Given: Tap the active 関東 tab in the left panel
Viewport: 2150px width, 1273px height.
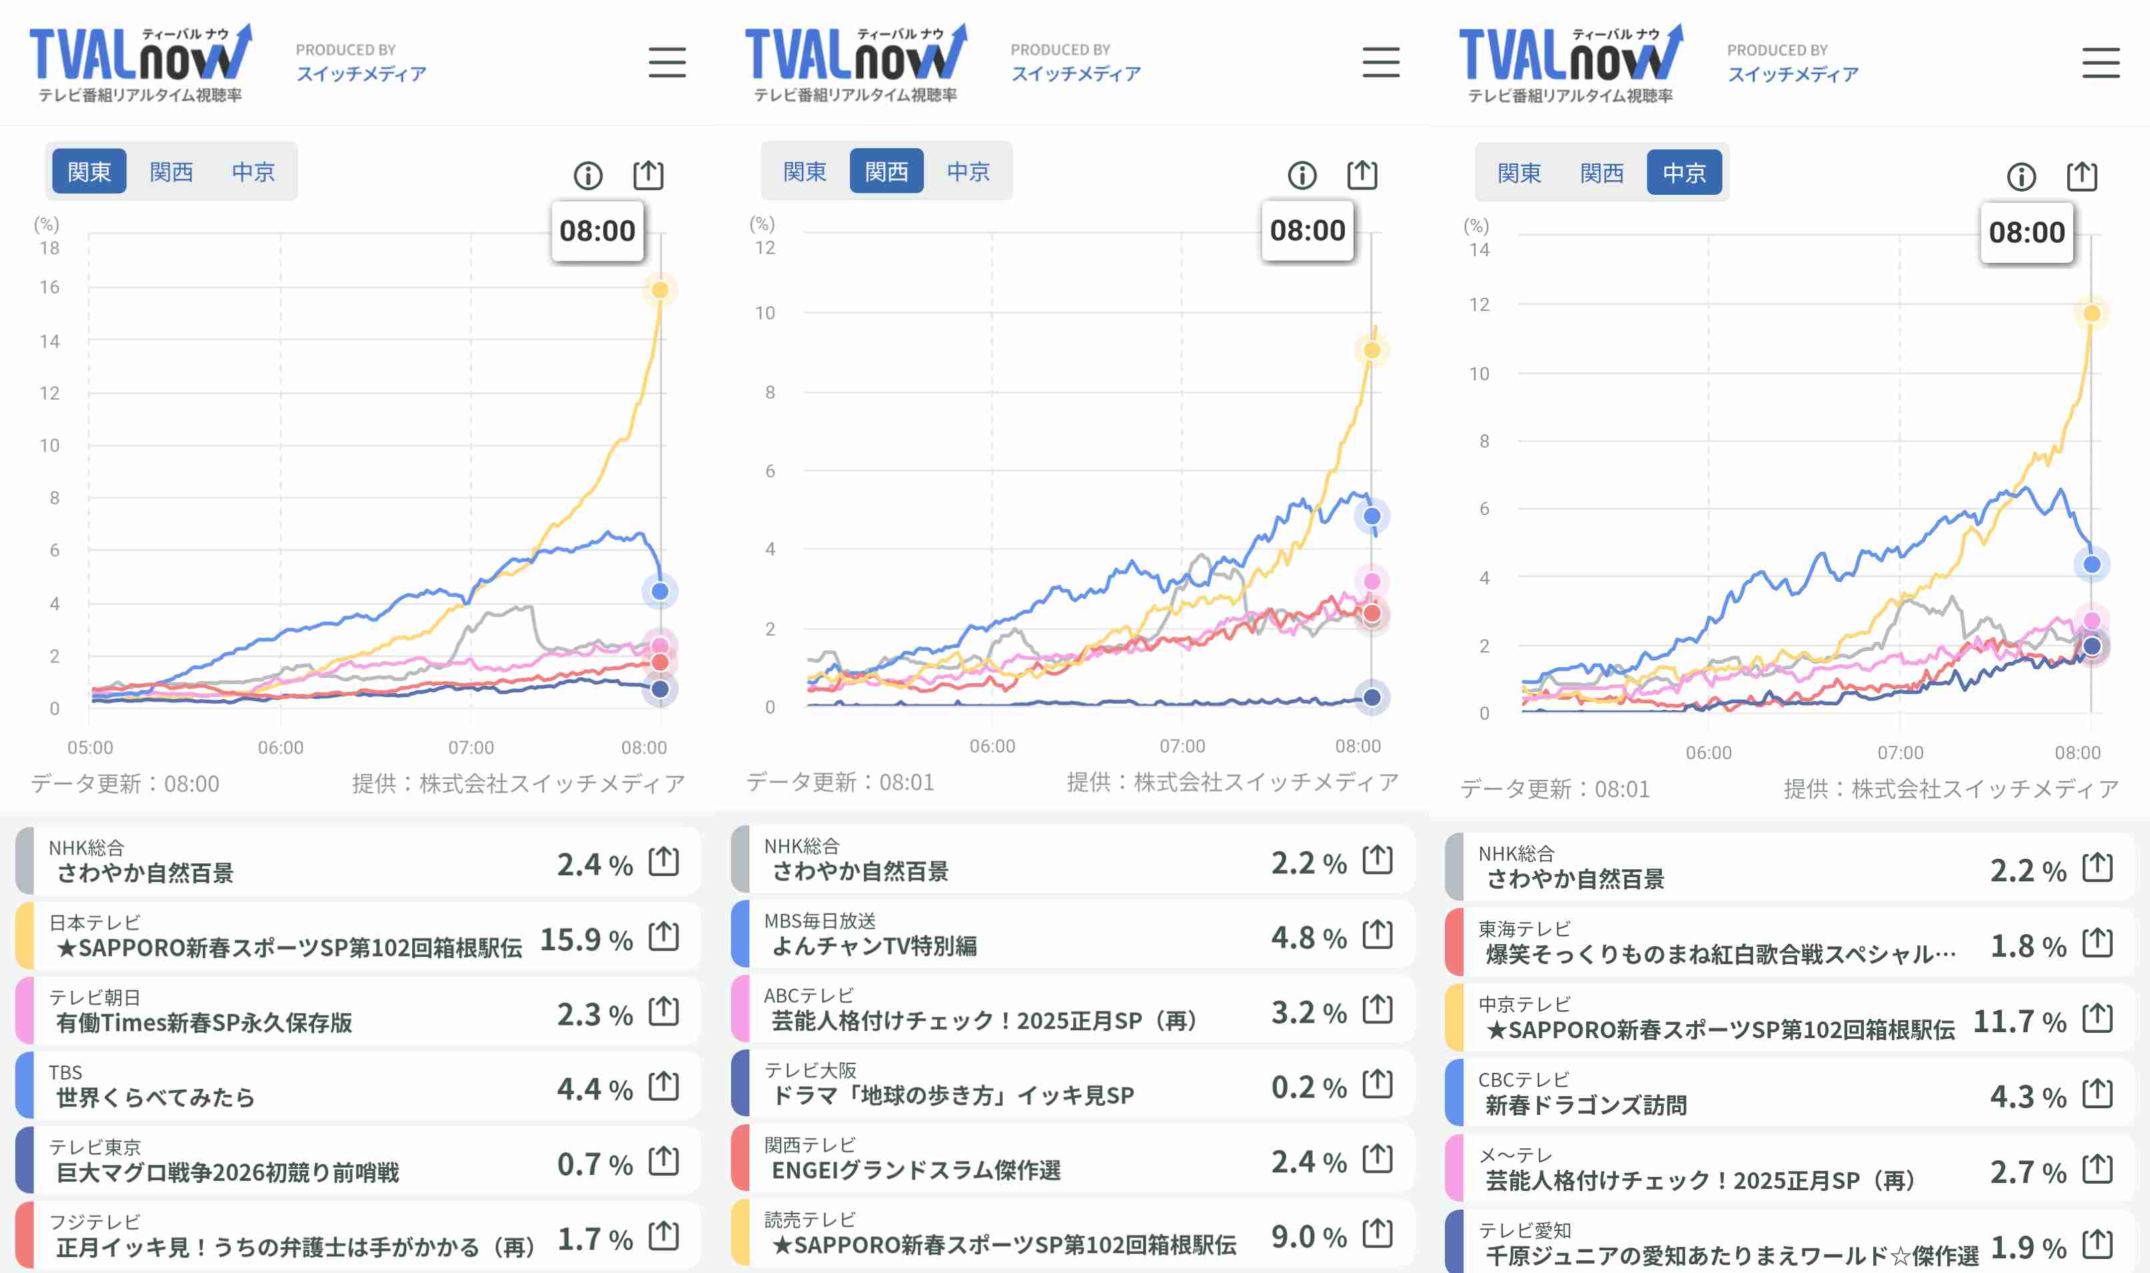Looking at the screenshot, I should click(x=89, y=171).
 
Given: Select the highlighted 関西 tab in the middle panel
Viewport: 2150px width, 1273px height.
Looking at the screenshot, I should click(x=886, y=171).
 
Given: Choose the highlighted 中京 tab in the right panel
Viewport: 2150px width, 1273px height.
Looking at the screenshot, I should click(x=1684, y=173).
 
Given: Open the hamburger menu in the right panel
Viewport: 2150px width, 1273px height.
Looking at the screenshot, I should click(x=2100, y=63).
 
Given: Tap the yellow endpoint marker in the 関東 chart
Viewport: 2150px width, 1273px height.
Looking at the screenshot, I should click(x=660, y=290).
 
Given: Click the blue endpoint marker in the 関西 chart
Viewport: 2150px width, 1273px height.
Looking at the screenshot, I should click(x=1372, y=516).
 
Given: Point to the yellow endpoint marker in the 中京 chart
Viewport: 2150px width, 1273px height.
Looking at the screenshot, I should click(x=2092, y=313).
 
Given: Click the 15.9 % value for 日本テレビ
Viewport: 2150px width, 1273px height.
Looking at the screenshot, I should click(x=586, y=939).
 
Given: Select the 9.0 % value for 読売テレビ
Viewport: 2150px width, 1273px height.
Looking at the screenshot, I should click(x=1309, y=1236).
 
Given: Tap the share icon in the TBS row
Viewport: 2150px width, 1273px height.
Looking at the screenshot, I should click(x=664, y=1086).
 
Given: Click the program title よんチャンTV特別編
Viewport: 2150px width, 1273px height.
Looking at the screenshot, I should click(x=874, y=945).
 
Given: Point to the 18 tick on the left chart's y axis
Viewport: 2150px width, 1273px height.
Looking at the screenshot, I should click(x=50, y=248).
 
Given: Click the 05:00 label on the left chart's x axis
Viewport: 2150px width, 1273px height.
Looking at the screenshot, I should click(x=90, y=747).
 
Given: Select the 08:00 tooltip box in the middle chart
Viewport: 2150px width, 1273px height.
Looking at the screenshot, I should click(x=1307, y=230).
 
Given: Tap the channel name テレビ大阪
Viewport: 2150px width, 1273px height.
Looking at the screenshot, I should click(x=811, y=1070).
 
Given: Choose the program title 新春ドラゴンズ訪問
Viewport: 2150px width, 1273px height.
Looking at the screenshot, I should click(x=1586, y=1105).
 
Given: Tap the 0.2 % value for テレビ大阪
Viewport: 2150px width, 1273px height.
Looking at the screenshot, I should click(x=1309, y=1087).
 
